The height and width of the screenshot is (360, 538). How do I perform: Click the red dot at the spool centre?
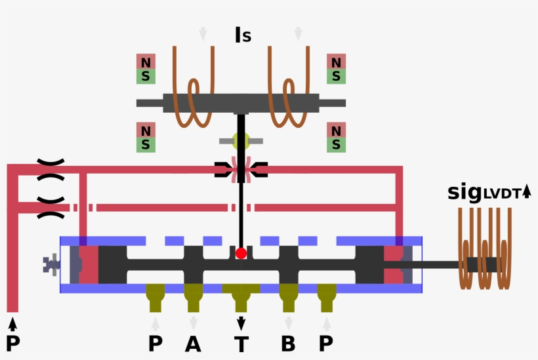[x=241, y=253]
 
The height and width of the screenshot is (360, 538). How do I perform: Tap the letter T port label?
[x=241, y=344]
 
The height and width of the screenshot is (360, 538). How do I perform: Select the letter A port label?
[x=193, y=344]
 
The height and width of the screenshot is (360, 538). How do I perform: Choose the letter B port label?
[x=289, y=344]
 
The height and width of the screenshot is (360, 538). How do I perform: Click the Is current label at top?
[x=243, y=35]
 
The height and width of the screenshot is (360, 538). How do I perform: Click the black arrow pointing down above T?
[x=241, y=323]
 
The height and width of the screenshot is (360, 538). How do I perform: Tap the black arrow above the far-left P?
[x=12, y=323]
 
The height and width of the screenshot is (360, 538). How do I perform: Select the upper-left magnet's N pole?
[x=146, y=62]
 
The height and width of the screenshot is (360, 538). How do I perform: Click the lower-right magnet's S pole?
[x=336, y=144]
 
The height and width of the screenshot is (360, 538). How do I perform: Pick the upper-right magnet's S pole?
[x=336, y=77]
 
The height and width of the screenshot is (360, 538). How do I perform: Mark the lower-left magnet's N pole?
[x=146, y=130]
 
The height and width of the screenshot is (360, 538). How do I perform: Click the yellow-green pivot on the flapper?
[x=241, y=140]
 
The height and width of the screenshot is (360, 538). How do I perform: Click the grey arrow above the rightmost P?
[x=327, y=323]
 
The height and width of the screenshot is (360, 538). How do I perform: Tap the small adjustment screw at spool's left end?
[x=50, y=265]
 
